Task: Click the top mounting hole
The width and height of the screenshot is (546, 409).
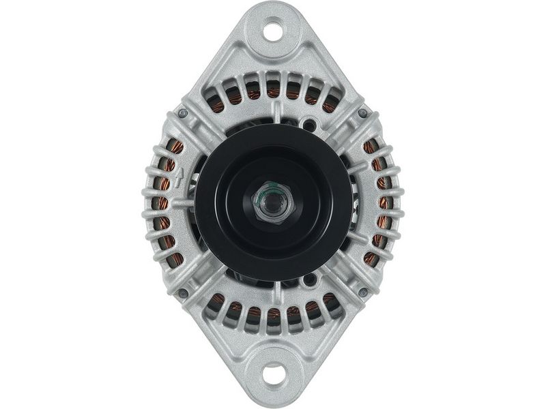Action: pos(273,31)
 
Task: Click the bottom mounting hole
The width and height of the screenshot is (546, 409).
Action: pos(273,374)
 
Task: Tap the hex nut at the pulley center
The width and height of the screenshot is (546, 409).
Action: pos(273,202)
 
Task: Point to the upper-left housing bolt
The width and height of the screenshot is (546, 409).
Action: pos(183,113)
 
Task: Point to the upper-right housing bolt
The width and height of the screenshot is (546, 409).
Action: pos(362,113)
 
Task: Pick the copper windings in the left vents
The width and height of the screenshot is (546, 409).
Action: pos(164,203)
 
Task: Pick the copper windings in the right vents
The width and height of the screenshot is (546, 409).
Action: pos(382,203)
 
